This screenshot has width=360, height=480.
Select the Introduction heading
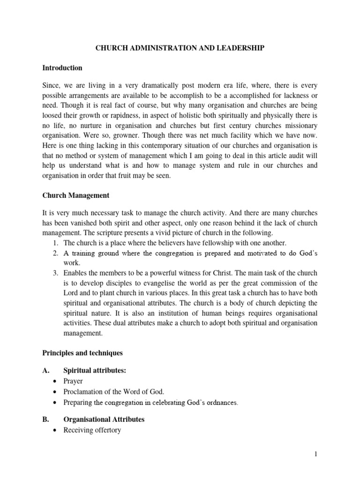62,68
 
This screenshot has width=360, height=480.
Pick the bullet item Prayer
73,382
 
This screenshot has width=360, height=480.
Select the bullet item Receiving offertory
92,430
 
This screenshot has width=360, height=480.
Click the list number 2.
55,253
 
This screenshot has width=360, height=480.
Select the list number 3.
55,273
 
